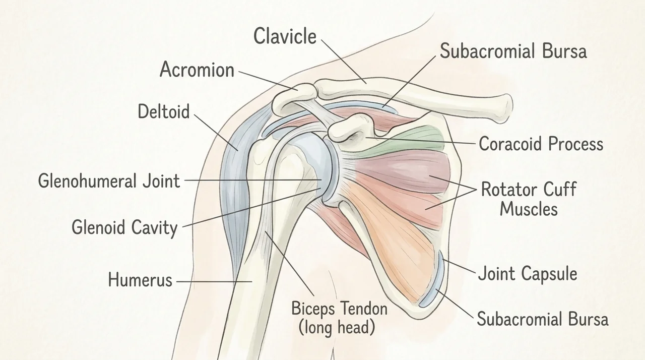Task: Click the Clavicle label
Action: point(285,36)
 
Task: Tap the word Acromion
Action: point(197,70)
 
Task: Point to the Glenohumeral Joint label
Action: point(109,181)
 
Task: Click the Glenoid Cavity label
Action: point(124,227)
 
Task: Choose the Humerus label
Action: point(140,279)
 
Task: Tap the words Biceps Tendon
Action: point(340,309)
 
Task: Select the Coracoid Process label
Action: point(541,144)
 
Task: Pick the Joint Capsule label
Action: point(528,273)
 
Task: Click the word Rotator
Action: point(509,189)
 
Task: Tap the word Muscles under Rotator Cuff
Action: point(529,209)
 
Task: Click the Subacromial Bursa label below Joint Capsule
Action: point(543,319)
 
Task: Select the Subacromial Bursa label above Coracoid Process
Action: point(513,51)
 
